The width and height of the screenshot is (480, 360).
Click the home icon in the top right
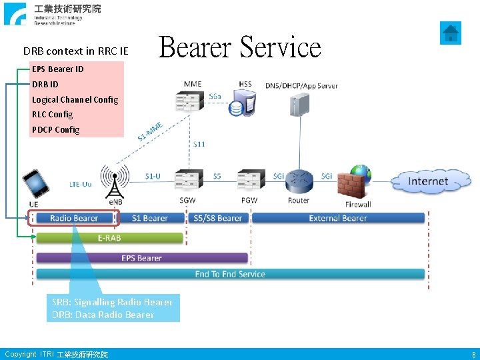tap(451, 32)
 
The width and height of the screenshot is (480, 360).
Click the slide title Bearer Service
tap(240, 47)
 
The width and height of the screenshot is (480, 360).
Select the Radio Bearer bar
tap(73, 218)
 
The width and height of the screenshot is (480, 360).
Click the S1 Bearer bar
tap(150, 218)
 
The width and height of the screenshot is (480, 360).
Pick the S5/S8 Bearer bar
tap(218, 218)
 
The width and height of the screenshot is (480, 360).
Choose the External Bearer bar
tap(338, 218)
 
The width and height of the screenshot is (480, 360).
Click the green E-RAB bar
tap(109, 238)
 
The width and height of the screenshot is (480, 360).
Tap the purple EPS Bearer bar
tap(141, 257)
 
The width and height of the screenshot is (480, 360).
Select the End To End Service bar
tap(230, 274)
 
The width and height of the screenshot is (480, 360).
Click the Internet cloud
tap(427, 181)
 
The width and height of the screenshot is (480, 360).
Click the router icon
tap(299, 180)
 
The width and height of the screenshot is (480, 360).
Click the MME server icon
tap(191, 101)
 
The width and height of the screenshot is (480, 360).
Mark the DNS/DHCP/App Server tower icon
tap(300, 104)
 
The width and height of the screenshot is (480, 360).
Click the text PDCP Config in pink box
tap(55, 130)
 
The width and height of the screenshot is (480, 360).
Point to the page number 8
tap(473, 355)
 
